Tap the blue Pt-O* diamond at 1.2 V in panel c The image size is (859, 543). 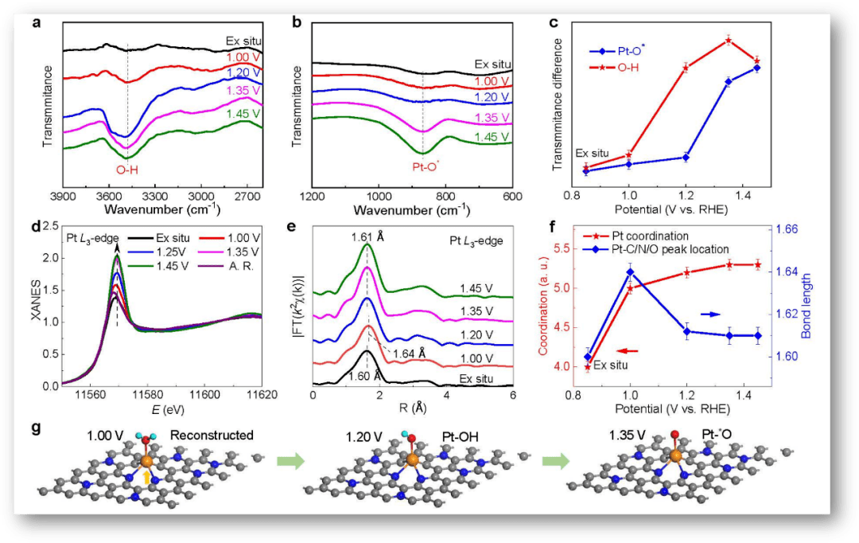686,157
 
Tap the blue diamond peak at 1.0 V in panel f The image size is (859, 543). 630,272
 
